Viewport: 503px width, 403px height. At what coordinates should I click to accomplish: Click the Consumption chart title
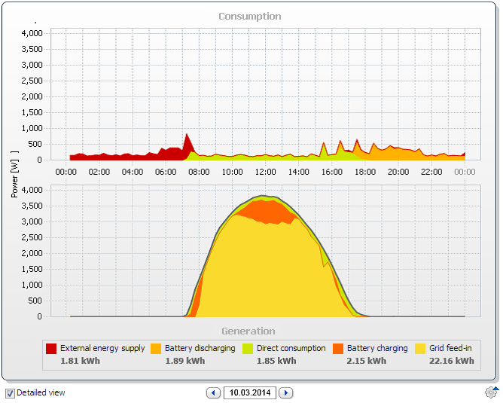click(x=250, y=17)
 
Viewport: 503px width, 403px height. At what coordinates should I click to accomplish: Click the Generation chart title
click(x=248, y=331)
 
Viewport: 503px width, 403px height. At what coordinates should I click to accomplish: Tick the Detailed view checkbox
click(x=10, y=393)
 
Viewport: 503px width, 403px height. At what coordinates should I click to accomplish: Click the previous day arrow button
click(x=213, y=392)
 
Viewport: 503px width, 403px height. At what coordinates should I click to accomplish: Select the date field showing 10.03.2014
click(x=250, y=392)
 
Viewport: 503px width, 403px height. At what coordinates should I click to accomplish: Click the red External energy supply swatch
click(x=51, y=349)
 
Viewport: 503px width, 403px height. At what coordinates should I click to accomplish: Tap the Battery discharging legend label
click(x=200, y=348)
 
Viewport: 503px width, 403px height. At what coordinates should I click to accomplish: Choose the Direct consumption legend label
click(x=291, y=348)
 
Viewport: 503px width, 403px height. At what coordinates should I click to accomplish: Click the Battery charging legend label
click(x=377, y=348)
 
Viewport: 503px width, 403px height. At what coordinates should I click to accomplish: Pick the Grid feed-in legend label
click(x=450, y=348)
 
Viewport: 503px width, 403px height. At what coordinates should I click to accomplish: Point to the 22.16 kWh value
click(x=452, y=361)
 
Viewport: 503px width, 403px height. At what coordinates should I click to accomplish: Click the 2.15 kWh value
click(x=367, y=361)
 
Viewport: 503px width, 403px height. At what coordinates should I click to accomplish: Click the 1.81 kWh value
click(x=81, y=361)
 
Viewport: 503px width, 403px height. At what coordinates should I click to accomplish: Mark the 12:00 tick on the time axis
click(x=265, y=172)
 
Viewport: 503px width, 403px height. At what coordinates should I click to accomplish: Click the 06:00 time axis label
click(x=166, y=172)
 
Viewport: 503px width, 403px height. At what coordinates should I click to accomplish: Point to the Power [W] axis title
click(x=14, y=174)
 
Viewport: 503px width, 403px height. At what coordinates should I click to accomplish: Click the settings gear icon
click(x=491, y=392)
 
